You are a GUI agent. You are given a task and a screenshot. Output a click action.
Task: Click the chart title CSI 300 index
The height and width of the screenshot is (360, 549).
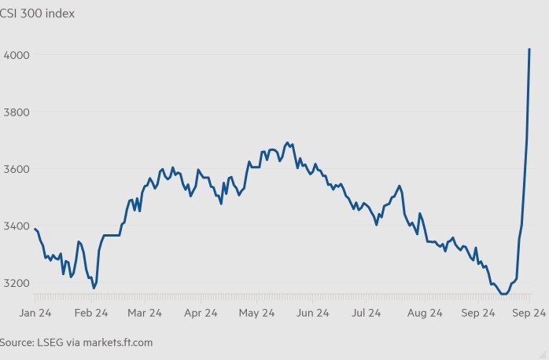click(x=38, y=13)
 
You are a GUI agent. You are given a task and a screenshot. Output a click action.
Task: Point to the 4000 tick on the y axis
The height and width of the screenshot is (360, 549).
click(x=18, y=55)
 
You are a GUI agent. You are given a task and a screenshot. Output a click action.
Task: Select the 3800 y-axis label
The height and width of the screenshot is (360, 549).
click(x=18, y=112)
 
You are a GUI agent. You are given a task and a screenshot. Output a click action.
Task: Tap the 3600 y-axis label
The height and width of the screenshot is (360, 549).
click(x=18, y=169)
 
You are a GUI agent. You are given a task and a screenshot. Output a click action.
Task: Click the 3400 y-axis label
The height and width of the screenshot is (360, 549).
click(x=18, y=226)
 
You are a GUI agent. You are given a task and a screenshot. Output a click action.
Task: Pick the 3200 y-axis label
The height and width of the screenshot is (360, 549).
click(x=18, y=283)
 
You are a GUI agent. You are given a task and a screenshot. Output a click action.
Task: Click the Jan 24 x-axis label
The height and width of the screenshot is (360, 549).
click(x=35, y=313)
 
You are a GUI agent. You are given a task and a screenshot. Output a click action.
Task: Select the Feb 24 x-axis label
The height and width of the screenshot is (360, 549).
click(x=91, y=313)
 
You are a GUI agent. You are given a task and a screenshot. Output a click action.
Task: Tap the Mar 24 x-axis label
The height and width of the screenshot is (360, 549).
click(x=145, y=313)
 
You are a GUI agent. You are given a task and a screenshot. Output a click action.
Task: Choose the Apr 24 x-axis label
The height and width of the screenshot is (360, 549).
click(x=201, y=313)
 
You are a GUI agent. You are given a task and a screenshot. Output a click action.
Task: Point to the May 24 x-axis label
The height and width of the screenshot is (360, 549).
click(x=256, y=313)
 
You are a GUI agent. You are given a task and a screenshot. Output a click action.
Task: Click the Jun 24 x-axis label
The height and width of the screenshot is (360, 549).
click(x=313, y=313)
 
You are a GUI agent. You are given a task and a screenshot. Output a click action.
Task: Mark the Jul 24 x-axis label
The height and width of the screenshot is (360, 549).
click(x=367, y=313)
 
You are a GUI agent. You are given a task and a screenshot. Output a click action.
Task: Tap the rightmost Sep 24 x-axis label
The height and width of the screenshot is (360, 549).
click(x=529, y=313)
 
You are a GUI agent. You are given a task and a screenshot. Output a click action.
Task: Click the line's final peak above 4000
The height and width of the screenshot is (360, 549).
click(x=529, y=49)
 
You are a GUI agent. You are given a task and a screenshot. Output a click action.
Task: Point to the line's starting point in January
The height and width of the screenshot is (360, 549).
click(x=35, y=228)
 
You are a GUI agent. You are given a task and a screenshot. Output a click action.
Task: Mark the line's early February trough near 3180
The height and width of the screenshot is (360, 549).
click(x=94, y=288)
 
